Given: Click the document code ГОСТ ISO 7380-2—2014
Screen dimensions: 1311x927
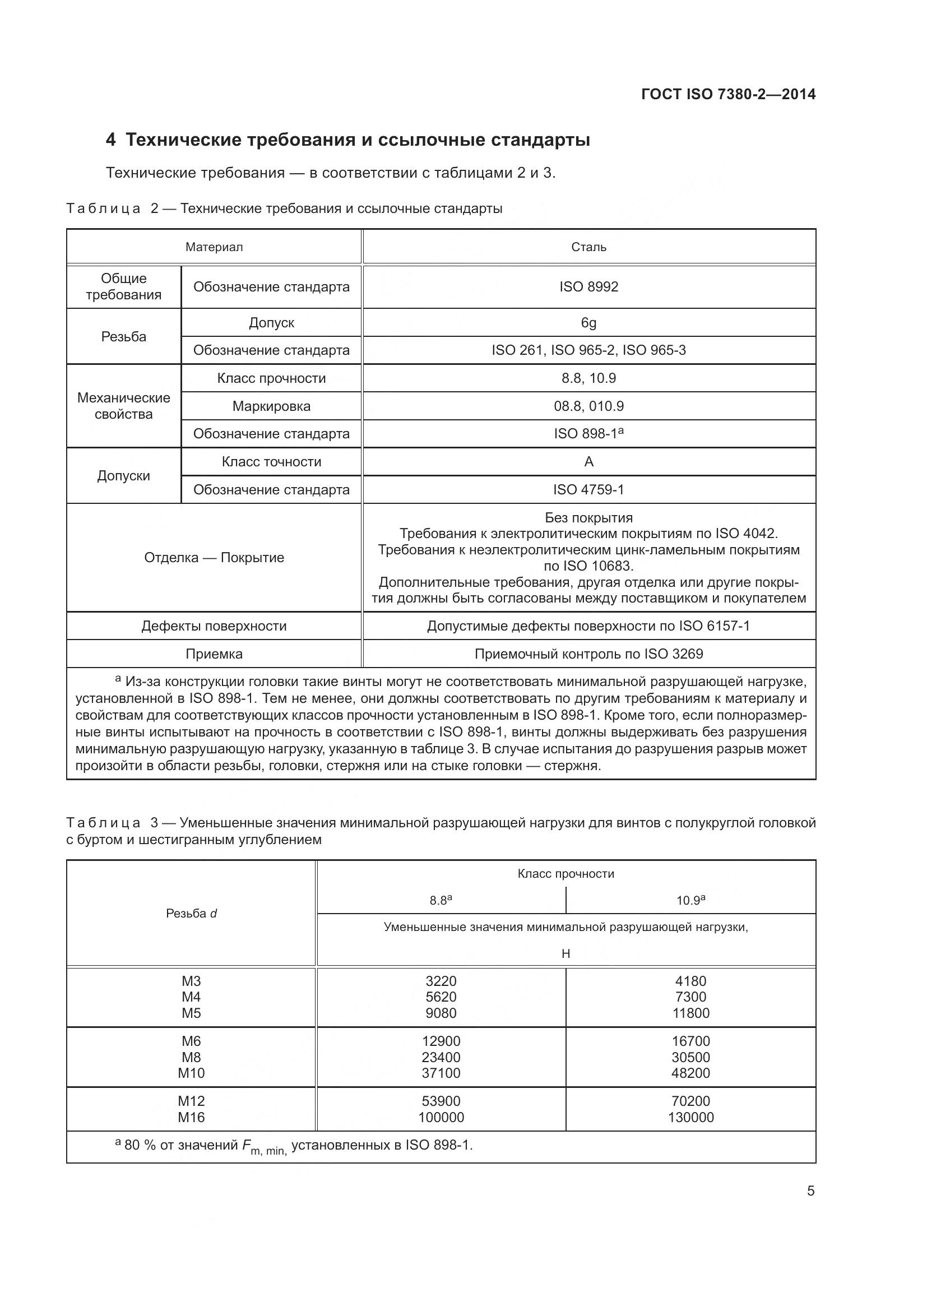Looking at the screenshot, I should click(x=729, y=94).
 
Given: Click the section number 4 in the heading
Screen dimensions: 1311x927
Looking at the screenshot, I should click(x=111, y=140).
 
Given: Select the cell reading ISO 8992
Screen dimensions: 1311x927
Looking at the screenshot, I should click(x=588, y=286).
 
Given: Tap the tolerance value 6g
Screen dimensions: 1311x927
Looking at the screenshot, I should click(x=588, y=323).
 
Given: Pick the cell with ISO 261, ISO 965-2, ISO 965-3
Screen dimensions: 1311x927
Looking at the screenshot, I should click(x=588, y=350).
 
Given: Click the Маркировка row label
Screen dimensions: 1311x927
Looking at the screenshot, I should click(x=271, y=406).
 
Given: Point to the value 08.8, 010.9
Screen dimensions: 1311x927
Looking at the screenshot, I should click(x=588, y=406).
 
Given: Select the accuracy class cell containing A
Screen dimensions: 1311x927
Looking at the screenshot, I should click(x=588, y=461).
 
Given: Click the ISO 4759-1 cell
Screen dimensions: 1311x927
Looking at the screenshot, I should click(x=588, y=489).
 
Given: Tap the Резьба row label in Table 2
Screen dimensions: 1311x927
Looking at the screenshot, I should click(x=123, y=336).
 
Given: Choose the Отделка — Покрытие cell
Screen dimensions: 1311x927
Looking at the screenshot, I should click(x=214, y=557).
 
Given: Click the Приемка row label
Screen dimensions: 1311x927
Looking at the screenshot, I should click(x=214, y=654).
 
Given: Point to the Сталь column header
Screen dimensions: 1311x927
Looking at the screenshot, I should click(x=588, y=247).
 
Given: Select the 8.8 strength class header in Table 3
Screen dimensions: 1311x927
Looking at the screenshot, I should click(x=441, y=901).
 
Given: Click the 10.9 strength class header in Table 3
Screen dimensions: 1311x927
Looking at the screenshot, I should click(x=690, y=901).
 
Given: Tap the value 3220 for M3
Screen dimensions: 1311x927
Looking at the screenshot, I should click(x=441, y=981).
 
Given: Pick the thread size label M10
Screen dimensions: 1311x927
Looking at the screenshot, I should click(x=191, y=1073).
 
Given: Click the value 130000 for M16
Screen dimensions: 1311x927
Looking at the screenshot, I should click(x=690, y=1117).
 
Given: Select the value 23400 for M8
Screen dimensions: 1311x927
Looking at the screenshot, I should click(x=441, y=1057).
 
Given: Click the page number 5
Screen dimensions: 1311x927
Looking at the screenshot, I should click(x=810, y=1191).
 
